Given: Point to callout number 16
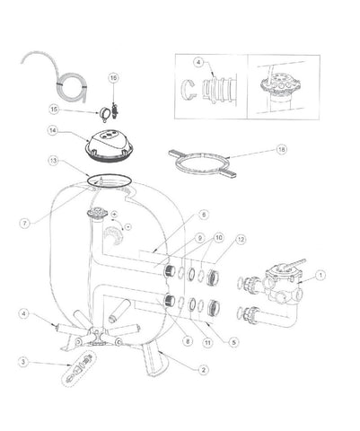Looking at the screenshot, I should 114,79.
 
